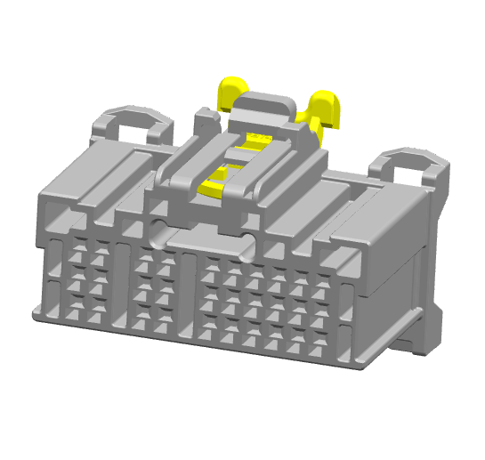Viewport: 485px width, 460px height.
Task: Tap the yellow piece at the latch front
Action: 214,184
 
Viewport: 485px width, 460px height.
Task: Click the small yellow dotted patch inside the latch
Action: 259,139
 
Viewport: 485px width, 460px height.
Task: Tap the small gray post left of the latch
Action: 206,120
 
